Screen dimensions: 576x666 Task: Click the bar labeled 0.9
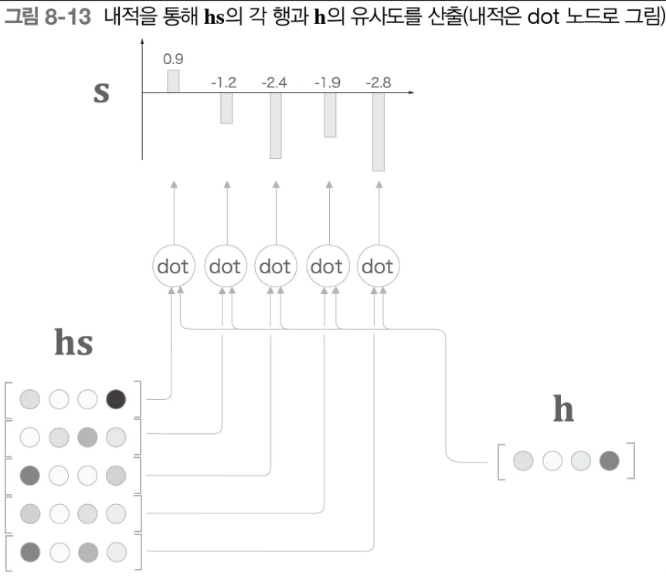173,81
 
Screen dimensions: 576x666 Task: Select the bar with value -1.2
226,107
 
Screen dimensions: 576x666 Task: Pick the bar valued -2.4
275,125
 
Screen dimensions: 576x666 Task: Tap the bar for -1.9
330,114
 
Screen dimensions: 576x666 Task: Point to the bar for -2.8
378,131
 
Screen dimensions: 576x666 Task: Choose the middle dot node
275,266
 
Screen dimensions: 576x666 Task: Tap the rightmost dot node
378,266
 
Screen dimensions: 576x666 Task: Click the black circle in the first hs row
116,399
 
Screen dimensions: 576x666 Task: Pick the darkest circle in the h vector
609,462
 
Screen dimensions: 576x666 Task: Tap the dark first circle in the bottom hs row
30,551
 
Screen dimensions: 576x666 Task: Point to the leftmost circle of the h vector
523,462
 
